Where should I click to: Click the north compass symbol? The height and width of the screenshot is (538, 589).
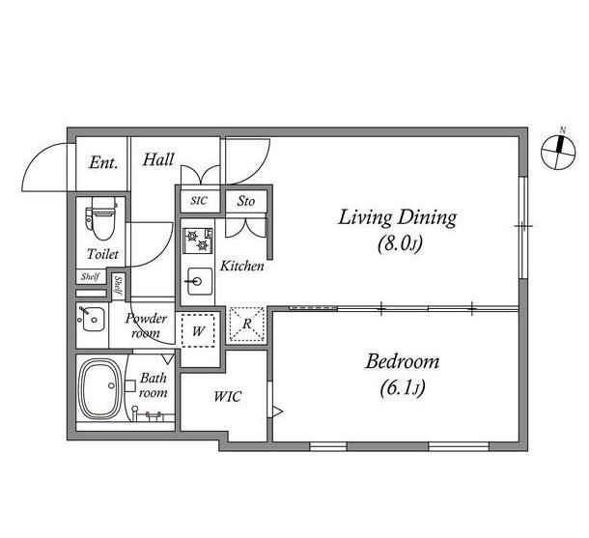558,151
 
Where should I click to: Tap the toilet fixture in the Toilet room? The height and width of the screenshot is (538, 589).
101,219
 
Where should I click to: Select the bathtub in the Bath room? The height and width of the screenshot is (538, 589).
100,389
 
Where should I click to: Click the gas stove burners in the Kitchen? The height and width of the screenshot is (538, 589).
198,241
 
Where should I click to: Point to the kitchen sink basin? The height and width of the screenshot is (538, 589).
199,281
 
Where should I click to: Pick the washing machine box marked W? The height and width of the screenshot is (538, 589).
198,330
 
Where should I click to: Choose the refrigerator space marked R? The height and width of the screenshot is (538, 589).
247,324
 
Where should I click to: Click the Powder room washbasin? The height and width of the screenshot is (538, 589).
92,319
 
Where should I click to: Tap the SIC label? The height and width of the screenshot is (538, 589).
199,201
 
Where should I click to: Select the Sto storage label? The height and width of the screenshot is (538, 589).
245,201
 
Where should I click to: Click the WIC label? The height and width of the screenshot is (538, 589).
228,396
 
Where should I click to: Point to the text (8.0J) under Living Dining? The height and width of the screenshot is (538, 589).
400,244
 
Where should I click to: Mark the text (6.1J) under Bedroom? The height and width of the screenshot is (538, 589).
403,388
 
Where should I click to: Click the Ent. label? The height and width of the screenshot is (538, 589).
103,163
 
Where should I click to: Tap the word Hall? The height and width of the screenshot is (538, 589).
158,159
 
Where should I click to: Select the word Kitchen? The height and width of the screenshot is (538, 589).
242,266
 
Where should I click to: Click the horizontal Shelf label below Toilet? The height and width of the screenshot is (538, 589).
90,277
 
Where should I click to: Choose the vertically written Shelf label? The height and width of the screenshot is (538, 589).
119,285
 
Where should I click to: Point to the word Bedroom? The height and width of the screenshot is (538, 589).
403,361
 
